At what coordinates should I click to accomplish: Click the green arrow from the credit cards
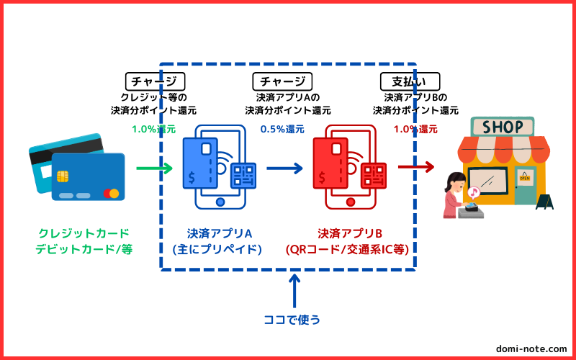click(x=154, y=168)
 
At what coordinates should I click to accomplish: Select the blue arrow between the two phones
click(x=284, y=168)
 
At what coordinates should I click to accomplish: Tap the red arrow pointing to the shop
click(x=416, y=167)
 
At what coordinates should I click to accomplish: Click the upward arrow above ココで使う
click(x=294, y=291)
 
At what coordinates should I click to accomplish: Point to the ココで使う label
click(x=292, y=319)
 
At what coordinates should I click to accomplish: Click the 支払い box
click(x=410, y=81)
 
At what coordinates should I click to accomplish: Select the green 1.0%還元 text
click(x=154, y=130)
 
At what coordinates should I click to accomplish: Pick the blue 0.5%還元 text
click(x=282, y=130)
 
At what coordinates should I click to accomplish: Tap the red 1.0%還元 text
click(x=415, y=130)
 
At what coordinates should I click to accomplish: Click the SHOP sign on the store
click(x=503, y=127)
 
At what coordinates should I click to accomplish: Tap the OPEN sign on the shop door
click(x=525, y=178)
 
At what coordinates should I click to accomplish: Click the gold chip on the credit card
click(x=63, y=176)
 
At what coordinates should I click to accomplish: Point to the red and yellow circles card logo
click(x=111, y=193)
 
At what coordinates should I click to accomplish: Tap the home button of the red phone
click(x=351, y=202)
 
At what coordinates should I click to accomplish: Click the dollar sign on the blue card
click(x=192, y=178)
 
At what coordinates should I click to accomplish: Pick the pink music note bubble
click(x=474, y=192)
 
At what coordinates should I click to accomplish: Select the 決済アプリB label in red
click(x=350, y=233)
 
